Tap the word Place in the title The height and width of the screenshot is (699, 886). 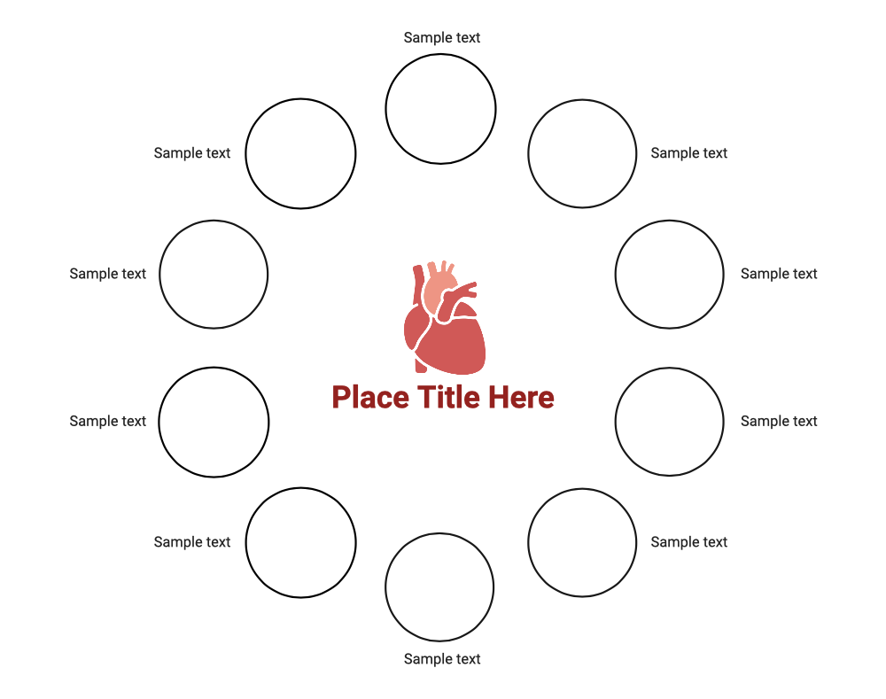[x=370, y=397]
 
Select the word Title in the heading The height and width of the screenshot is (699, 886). [x=449, y=397]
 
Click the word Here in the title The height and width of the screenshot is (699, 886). [x=522, y=397]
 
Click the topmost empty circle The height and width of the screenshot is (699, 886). [x=440, y=54]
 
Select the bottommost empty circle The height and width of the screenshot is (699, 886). [x=439, y=533]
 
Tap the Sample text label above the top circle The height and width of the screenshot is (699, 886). [x=442, y=38]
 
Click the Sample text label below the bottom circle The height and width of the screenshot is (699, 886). [x=442, y=659]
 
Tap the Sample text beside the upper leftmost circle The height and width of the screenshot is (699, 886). [x=107, y=274]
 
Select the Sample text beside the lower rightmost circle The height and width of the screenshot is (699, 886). [x=779, y=421]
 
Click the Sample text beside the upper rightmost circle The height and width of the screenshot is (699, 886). [x=779, y=274]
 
